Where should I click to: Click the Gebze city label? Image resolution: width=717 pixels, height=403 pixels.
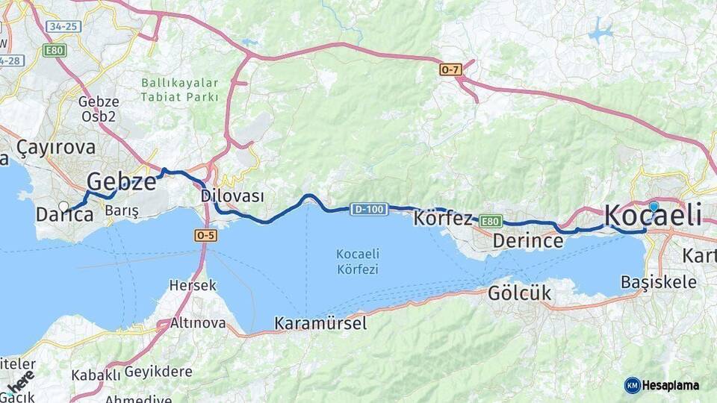pyautogui.click(x=122, y=181)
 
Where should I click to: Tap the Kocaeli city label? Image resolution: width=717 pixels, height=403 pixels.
pyautogui.click(x=652, y=216)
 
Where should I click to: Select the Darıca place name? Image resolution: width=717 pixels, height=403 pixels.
pyautogui.click(x=65, y=215)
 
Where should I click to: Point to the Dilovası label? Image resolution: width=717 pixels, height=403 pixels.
pyautogui.click(x=232, y=196)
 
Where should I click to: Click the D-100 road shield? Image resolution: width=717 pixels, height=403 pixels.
pyautogui.click(x=369, y=210)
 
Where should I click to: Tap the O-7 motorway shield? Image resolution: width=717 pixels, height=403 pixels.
pyautogui.click(x=450, y=69)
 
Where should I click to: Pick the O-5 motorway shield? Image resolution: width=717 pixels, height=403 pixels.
pyautogui.click(x=205, y=234)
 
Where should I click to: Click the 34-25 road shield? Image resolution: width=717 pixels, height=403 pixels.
pyautogui.click(x=63, y=27)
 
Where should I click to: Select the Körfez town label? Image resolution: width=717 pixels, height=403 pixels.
pyautogui.click(x=443, y=219)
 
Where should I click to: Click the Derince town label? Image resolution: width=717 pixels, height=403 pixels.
pyautogui.click(x=527, y=241)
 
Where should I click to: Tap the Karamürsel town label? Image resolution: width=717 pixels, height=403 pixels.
pyautogui.click(x=320, y=323)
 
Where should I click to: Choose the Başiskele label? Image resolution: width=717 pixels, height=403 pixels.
pyautogui.click(x=659, y=282)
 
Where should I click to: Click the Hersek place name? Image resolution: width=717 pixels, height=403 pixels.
pyautogui.click(x=193, y=285)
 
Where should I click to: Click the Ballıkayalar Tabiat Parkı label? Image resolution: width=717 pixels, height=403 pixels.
pyautogui.click(x=180, y=90)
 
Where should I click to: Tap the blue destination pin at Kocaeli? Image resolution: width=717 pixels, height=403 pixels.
pyautogui.click(x=654, y=207)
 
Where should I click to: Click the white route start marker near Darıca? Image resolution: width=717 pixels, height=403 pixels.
pyautogui.click(x=63, y=207)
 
